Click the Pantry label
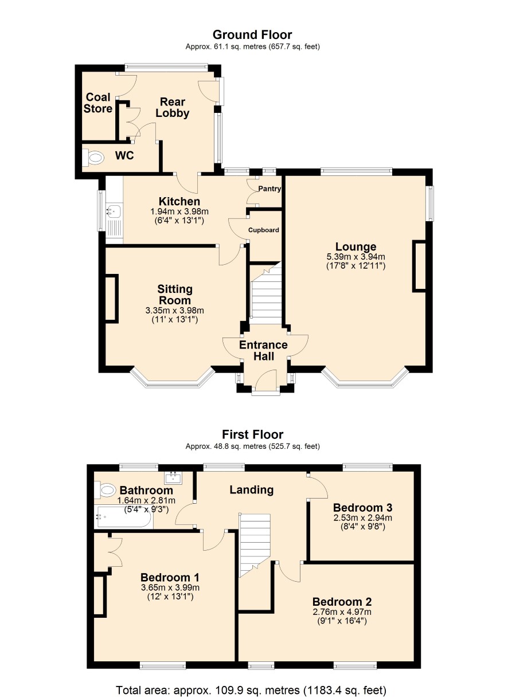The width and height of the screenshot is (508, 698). click(x=269, y=189)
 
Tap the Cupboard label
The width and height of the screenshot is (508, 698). click(x=264, y=230)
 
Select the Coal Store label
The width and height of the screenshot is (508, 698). click(x=98, y=103)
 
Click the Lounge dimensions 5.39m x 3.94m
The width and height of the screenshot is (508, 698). click(x=355, y=257)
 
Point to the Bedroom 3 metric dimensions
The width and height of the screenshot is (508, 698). click(x=363, y=517)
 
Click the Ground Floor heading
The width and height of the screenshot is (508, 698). click(x=252, y=34)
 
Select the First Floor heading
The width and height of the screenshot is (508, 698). click(x=253, y=434)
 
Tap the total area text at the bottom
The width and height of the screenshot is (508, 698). click(x=251, y=690)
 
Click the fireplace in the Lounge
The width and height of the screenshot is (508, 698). click(x=419, y=266)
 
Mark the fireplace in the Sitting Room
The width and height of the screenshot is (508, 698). click(x=112, y=298)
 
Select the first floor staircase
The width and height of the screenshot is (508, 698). click(x=255, y=546)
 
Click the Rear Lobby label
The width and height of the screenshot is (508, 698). click(x=173, y=108)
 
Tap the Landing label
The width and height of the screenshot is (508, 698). click(x=252, y=489)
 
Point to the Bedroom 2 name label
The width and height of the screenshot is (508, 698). click(x=342, y=602)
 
